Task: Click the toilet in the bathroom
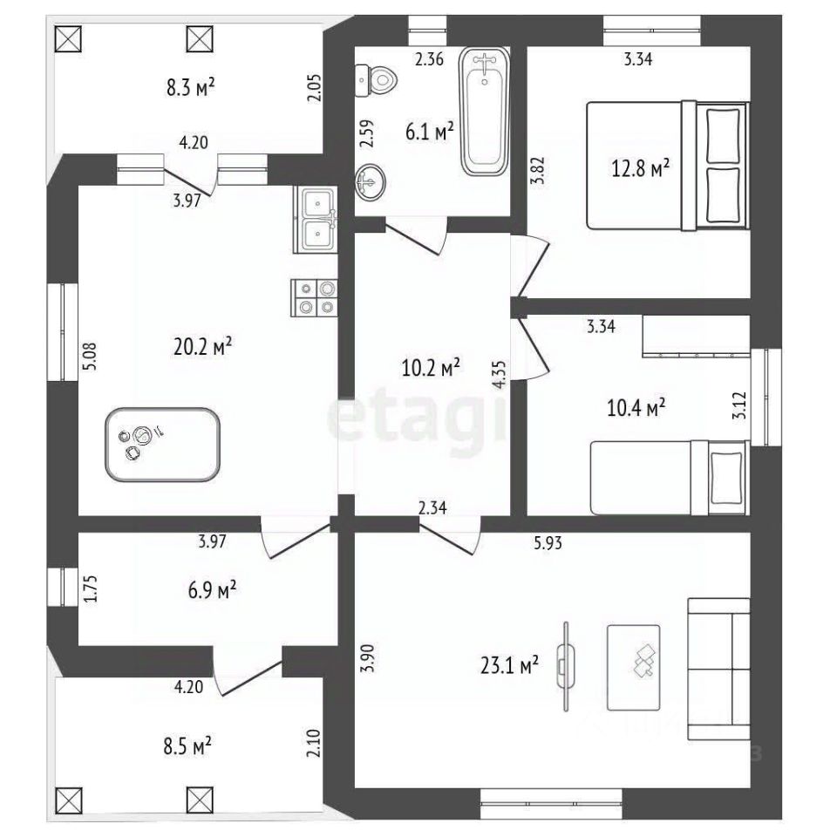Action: (x=376, y=79)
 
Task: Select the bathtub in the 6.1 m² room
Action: (x=486, y=111)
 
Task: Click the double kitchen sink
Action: (x=317, y=221)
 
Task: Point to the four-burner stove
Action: (x=316, y=296)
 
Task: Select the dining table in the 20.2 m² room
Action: (x=163, y=445)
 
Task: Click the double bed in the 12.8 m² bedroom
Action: (x=668, y=165)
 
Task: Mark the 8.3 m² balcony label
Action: (x=190, y=88)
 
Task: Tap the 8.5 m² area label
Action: (x=187, y=746)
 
